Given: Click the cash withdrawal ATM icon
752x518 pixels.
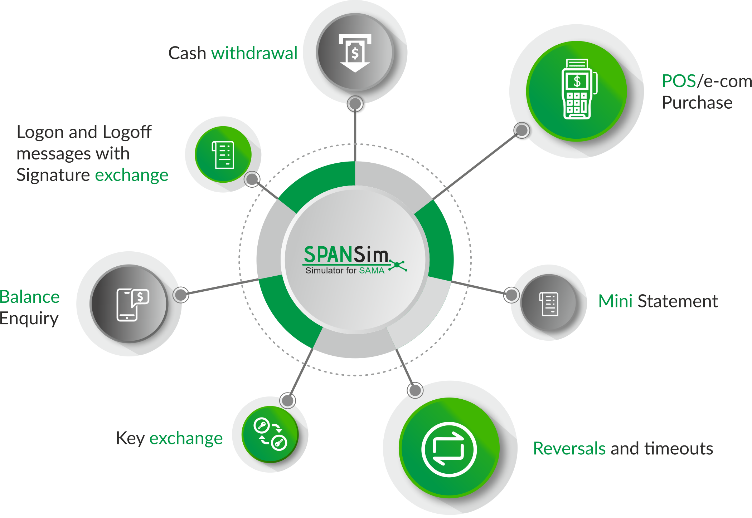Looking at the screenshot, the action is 355,53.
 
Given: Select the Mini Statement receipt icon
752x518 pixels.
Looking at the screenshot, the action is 549,304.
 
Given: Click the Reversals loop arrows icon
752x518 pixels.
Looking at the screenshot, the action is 449,449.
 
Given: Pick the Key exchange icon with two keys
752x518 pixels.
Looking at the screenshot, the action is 270,434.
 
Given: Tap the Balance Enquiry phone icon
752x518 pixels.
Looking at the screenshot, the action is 133,305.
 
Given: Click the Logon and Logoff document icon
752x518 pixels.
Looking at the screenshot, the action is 223,155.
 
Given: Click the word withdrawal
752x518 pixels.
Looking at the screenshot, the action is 254,53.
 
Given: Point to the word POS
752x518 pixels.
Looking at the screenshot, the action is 679,81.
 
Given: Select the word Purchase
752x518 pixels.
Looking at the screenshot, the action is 697,103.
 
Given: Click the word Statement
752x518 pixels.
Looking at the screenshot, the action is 678,301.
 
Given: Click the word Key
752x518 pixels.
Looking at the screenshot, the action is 130,439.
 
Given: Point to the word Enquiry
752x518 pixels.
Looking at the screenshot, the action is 29,319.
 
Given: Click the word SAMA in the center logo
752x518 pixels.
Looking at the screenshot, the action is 372,271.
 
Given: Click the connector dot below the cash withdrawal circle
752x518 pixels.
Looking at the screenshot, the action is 355,104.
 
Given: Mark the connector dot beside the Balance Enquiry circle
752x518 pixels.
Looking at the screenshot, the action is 181,295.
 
